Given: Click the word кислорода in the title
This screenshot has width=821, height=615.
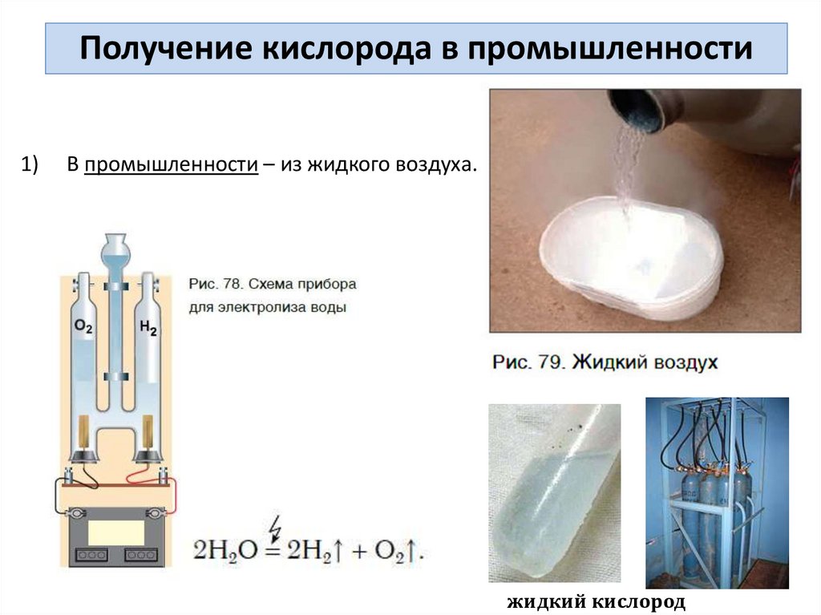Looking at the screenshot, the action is (x=346, y=48).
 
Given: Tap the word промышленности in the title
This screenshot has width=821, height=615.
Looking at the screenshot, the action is (x=610, y=48).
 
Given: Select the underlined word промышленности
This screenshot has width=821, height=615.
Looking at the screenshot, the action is (x=172, y=164).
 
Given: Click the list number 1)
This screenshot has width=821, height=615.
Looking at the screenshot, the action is (x=30, y=164).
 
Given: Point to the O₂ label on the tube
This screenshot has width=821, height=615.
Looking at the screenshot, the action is (x=83, y=326).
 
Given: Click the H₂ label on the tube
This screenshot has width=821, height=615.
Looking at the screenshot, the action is (x=148, y=328).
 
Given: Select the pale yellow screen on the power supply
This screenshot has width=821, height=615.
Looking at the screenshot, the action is (x=116, y=533).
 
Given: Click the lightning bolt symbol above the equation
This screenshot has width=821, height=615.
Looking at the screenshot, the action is (x=274, y=528).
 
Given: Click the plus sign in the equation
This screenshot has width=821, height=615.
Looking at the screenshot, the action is (x=359, y=552).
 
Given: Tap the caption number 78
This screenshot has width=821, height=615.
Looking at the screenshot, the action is (x=227, y=284).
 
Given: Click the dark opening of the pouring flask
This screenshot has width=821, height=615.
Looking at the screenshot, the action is (x=637, y=112).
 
